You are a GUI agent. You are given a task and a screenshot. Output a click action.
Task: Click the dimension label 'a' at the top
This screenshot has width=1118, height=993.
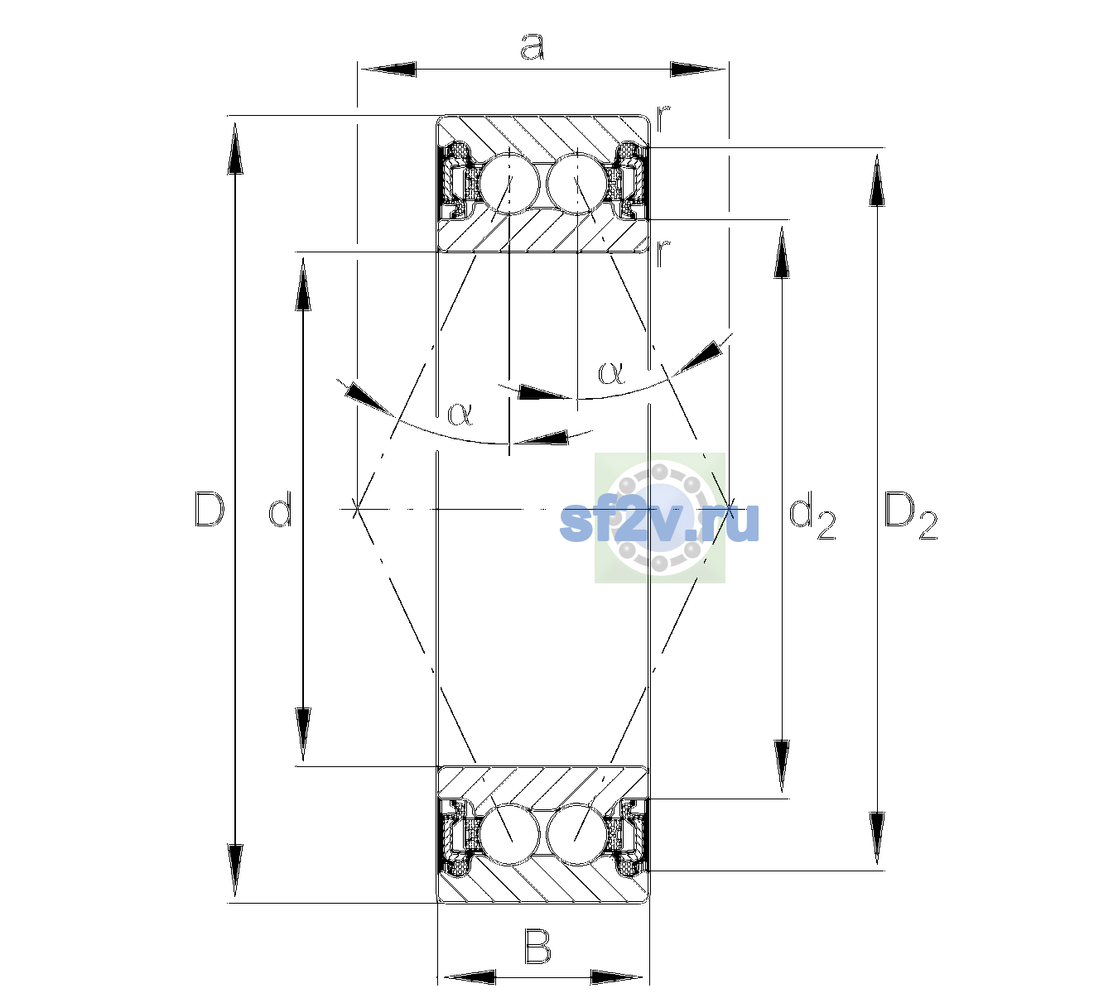pyautogui.click(x=532, y=46)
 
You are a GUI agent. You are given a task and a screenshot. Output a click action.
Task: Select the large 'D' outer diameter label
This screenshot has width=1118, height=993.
pyautogui.click(x=210, y=508)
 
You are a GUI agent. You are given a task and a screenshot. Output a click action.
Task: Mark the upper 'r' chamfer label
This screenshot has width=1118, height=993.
pyautogui.click(x=663, y=118)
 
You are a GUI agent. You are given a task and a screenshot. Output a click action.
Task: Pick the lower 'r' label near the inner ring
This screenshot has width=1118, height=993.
pyautogui.click(x=663, y=253)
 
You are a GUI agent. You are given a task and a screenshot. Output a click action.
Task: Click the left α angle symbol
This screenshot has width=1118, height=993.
pyautogui.click(x=460, y=414)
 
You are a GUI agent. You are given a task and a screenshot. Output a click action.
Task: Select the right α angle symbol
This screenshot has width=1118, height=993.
pyautogui.click(x=611, y=372)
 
